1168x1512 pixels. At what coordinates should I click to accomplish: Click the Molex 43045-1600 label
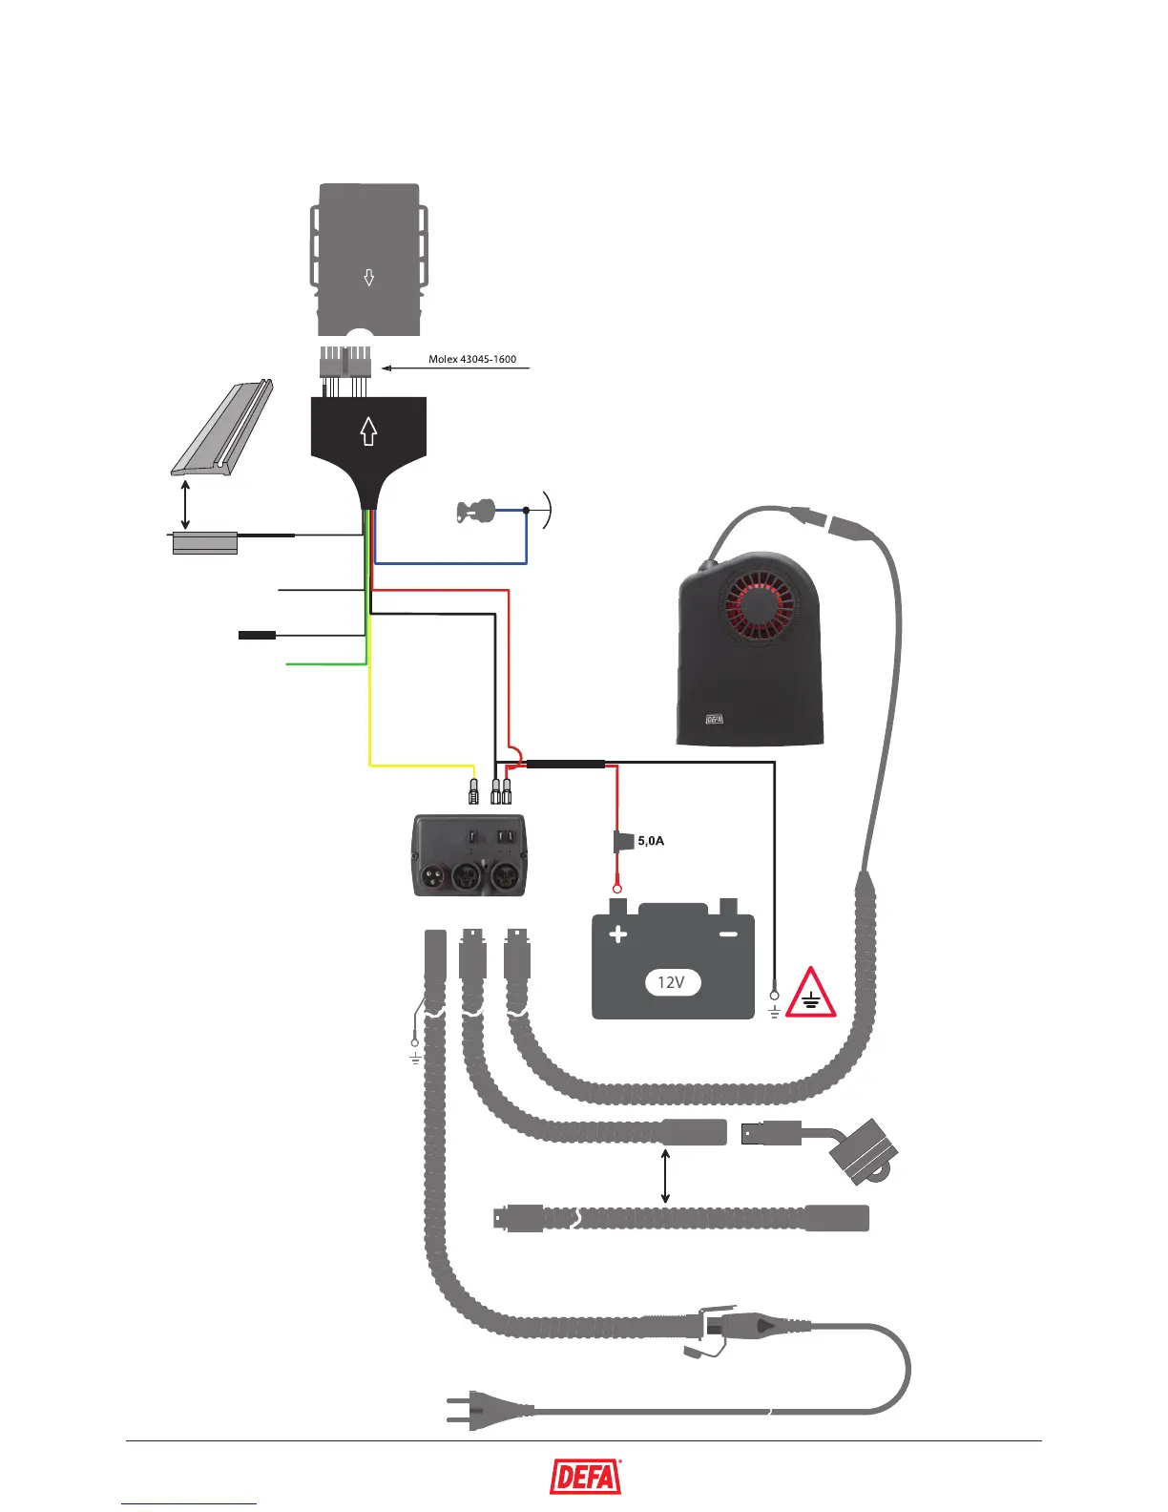[472, 360]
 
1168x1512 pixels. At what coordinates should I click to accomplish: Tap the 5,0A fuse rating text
[651, 841]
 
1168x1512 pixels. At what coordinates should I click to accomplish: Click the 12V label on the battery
[672, 982]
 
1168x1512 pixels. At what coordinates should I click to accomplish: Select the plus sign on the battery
[618, 934]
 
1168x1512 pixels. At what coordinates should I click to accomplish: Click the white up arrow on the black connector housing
[368, 431]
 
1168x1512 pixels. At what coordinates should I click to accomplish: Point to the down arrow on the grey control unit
[369, 279]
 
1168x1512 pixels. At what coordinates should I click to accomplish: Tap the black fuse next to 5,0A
[623, 841]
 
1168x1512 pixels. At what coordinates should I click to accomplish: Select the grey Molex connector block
[344, 363]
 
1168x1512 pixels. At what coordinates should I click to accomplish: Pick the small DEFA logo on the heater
[714, 719]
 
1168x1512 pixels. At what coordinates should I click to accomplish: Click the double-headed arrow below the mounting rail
[185, 504]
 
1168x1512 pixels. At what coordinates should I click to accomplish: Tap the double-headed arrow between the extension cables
[665, 1176]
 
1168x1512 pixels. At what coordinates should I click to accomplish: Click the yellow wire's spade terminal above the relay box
[473, 791]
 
